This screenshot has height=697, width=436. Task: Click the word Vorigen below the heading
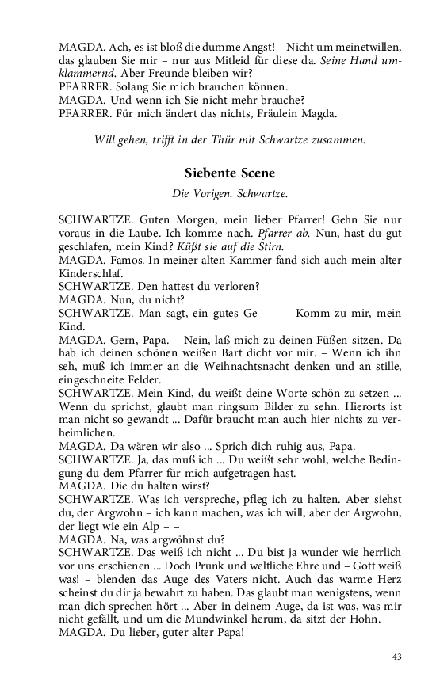(x=209, y=192)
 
